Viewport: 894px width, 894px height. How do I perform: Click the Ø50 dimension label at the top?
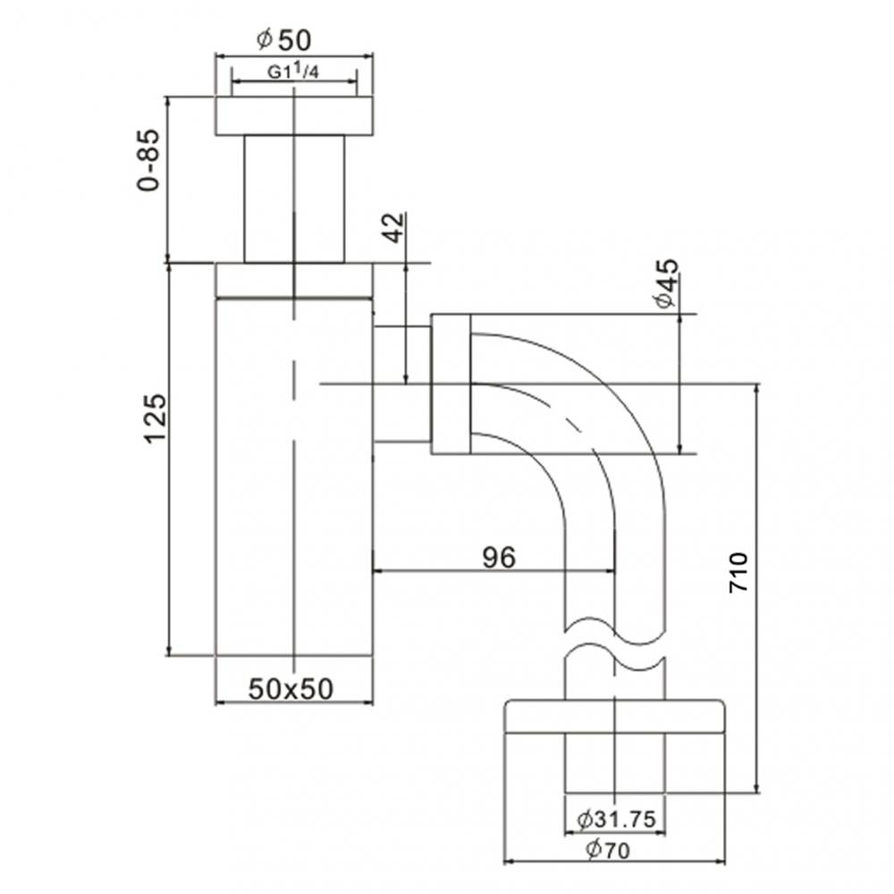[284, 40]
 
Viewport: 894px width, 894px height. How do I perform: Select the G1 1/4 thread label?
[293, 72]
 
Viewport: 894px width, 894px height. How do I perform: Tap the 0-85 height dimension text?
[149, 160]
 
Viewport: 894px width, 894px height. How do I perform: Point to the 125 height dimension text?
[154, 417]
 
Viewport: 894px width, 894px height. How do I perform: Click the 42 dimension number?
[393, 227]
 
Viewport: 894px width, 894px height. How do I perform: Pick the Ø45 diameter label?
[667, 283]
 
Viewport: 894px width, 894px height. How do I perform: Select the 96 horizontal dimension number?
[499, 557]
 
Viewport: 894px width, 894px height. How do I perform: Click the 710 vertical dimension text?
[738, 572]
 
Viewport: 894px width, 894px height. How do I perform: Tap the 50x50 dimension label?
[291, 688]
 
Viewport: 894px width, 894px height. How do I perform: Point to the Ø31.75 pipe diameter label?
[616, 819]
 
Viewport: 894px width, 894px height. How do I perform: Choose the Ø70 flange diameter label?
[608, 850]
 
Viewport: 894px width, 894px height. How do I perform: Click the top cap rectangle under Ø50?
[293, 115]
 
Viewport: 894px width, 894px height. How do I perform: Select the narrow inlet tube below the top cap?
[294, 199]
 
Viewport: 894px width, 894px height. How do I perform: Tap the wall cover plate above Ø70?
[615, 715]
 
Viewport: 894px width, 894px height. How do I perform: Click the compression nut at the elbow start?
[451, 384]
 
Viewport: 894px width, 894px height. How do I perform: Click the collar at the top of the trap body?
[293, 280]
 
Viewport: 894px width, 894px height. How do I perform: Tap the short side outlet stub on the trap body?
[401, 384]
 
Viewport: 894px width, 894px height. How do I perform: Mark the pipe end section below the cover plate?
[615, 763]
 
